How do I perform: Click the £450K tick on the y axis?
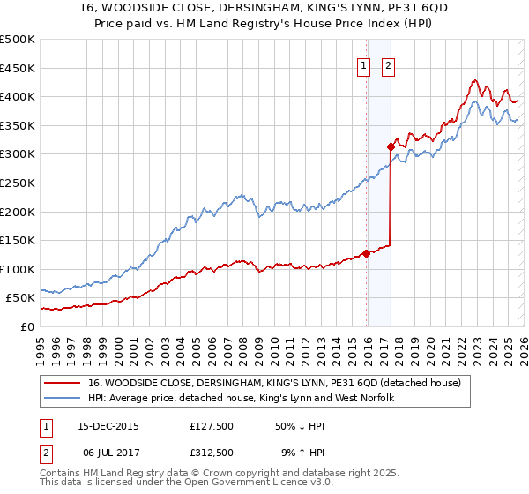coord(18,68)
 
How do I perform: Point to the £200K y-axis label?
coord(18,212)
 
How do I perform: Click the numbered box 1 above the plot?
coord(363,64)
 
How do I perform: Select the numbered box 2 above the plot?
coord(388,64)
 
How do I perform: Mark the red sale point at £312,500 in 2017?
coord(390,146)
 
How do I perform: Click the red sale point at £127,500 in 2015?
coord(366,253)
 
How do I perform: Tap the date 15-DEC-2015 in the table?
coord(108,426)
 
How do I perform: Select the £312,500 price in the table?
coord(212,453)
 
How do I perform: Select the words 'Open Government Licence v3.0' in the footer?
coord(250,485)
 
